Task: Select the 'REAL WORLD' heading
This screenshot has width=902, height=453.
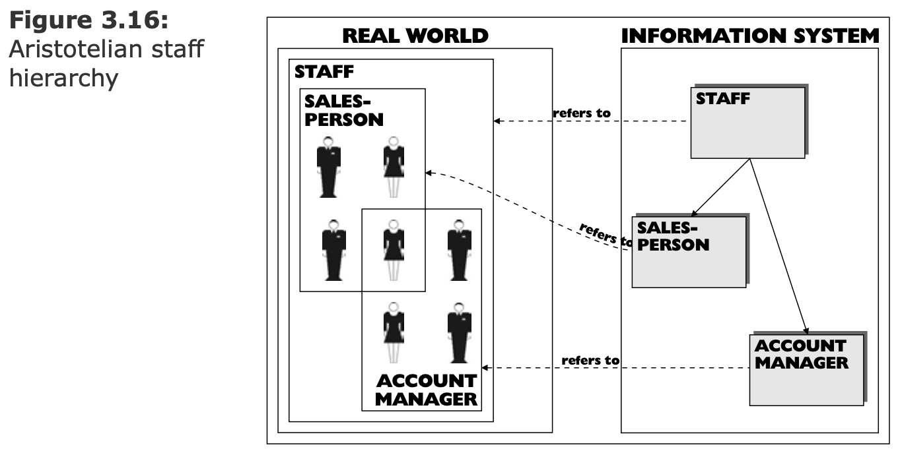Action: click(415, 36)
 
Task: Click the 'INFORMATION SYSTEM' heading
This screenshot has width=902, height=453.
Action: click(750, 36)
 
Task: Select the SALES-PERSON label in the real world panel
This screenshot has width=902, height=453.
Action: click(344, 110)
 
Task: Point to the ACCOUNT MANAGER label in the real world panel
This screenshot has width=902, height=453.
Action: click(426, 390)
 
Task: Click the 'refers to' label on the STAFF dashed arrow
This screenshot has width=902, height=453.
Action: click(581, 113)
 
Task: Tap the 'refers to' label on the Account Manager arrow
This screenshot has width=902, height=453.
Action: click(590, 361)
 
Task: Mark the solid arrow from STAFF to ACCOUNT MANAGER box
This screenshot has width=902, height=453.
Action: click(779, 244)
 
